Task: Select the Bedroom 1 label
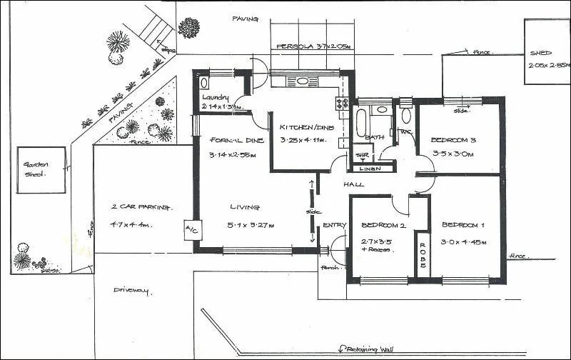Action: pyautogui.click(x=463, y=224)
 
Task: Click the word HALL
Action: pyautogui.click(x=354, y=184)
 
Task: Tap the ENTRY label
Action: pyautogui.click(x=334, y=225)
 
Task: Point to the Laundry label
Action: pyautogui.click(x=215, y=97)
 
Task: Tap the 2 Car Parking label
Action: pyautogui.click(x=141, y=207)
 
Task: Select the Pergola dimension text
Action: pyautogui.click(x=314, y=46)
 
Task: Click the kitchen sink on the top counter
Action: pyautogui.click(x=303, y=81)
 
